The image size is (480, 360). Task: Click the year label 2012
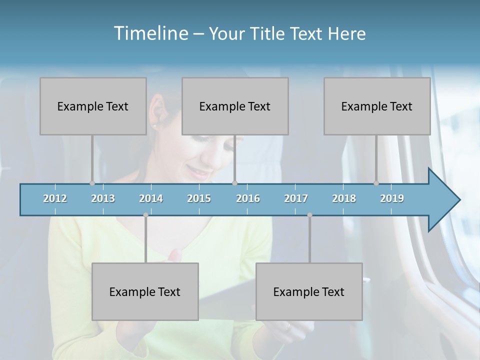[x=55, y=198]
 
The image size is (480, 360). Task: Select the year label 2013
[x=103, y=198]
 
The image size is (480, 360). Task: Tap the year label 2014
[x=151, y=198]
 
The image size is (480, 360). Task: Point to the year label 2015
[x=199, y=198]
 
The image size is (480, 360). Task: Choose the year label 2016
[x=248, y=198]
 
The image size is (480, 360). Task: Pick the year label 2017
[x=296, y=198]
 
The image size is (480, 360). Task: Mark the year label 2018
[x=344, y=198]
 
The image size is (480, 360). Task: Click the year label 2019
[x=392, y=198]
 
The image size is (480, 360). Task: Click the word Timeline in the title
[x=150, y=33]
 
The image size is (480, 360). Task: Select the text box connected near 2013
[x=93, y=106]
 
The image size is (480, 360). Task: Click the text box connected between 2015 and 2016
[x=235, y=106]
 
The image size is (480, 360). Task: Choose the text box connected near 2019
[x=377, y=106]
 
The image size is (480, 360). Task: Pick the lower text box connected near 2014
[x=145, y=291]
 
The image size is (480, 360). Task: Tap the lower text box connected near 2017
[x=309, y=291]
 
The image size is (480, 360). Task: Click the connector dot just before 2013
[x=92, y=183]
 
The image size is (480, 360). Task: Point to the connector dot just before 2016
[x=235, y=183]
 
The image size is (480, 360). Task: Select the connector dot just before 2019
[x=376, y=183]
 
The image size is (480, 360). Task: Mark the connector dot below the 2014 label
[x=145, y=215]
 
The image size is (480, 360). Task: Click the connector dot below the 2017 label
[x=309, y=215]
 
